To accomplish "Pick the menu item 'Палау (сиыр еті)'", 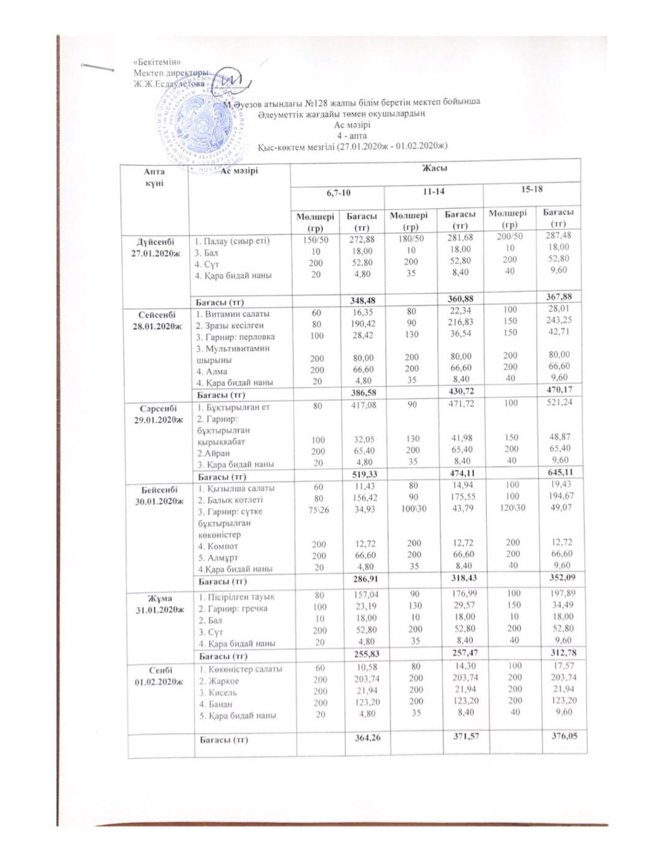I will click(232, 241).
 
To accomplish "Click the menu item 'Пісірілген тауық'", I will click(235, 596).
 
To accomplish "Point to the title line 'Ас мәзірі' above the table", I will click(352, 125).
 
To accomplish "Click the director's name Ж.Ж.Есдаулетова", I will click(169, 83).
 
